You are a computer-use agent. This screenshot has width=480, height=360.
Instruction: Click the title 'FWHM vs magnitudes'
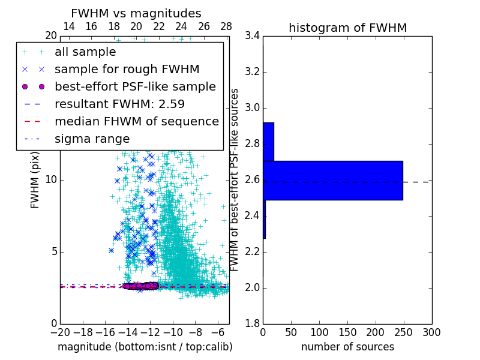pos(136,13)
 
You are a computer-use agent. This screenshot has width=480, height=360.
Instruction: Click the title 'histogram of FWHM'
pos(347,28)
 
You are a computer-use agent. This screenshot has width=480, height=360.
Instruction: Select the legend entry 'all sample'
pos(85,52)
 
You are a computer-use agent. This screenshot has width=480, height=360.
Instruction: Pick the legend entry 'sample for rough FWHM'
pos(127,70)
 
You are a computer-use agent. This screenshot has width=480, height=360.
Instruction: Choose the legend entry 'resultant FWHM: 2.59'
pos(119,104)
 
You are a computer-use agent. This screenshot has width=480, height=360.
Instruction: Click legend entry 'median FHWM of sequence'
pos(136,122)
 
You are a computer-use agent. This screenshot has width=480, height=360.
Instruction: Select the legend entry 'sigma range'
pos(92,139)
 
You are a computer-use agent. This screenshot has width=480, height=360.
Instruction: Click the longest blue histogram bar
pos(332,180)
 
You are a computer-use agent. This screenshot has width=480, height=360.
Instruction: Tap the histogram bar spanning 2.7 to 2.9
pos(268,142)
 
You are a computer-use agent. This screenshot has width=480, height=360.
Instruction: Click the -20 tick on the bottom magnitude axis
pos(60,332)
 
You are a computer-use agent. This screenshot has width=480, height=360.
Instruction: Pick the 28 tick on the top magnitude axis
pos(226,26)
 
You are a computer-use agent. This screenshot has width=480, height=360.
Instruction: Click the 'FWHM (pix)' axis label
pos(35,180)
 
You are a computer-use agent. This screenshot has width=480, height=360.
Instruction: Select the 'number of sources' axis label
pos(347,347)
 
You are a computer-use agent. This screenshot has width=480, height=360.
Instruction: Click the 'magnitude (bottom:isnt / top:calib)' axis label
pos(145,347)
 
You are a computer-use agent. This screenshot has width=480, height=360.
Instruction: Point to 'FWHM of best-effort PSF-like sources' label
pos(235,180)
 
